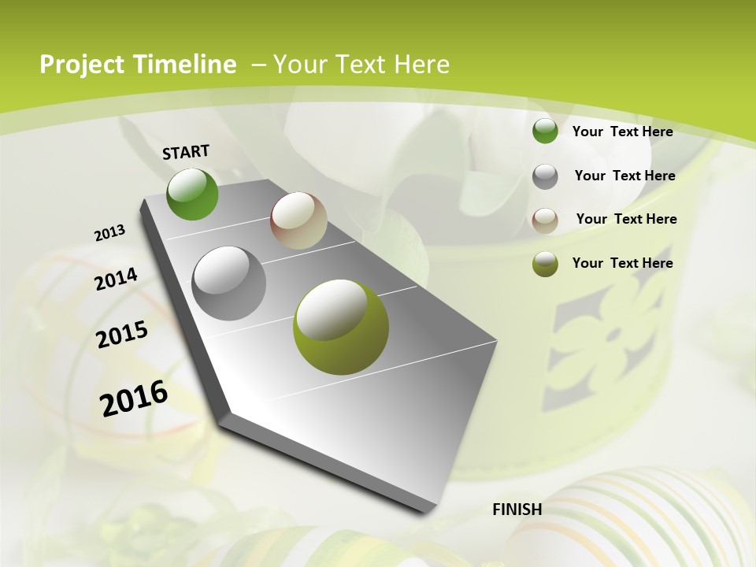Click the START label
click(x=186, y=152)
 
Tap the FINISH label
click(x=517, y=510)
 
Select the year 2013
click(x=109, y=233)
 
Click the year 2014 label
click(x=116, y=280)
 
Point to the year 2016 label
click(x=134, y=398)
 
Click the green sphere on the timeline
click(x=192, y=194)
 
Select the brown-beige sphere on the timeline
click(x=298, y=220)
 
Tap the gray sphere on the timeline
click(x=229, y=283)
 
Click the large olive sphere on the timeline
click(x=341, y=326)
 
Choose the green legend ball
click(x=545, y=131)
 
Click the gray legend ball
click(x=545, y=176)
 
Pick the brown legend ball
click(x=545, y=220)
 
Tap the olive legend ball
click(x=545, y=264)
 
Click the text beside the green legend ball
click(x=622, y=132)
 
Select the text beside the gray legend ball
click(x=624, y=176)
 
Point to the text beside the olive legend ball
click(x=622, y=263)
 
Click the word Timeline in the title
click(x=186, y=65)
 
